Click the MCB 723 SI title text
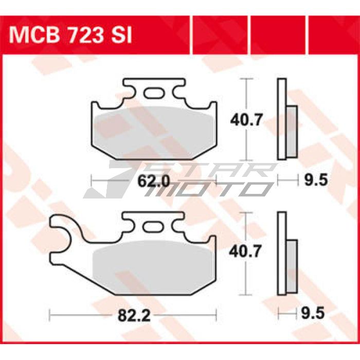pyautogui.click(x=70, y=35)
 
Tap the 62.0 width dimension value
pyautogui.click(x=154, y=182)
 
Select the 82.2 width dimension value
pyautogui.click(x=134, y=315)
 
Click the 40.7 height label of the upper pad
pyautogui.click(x=246, y=119)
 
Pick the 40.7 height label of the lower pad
pyautogui.click(x=245, y=251)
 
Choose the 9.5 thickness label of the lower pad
pyautogui.click(x=313, y=313)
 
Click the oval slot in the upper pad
pyautogui.click(x=154, y=93)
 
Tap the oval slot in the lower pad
pyautogui.click(x=152, y=227)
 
